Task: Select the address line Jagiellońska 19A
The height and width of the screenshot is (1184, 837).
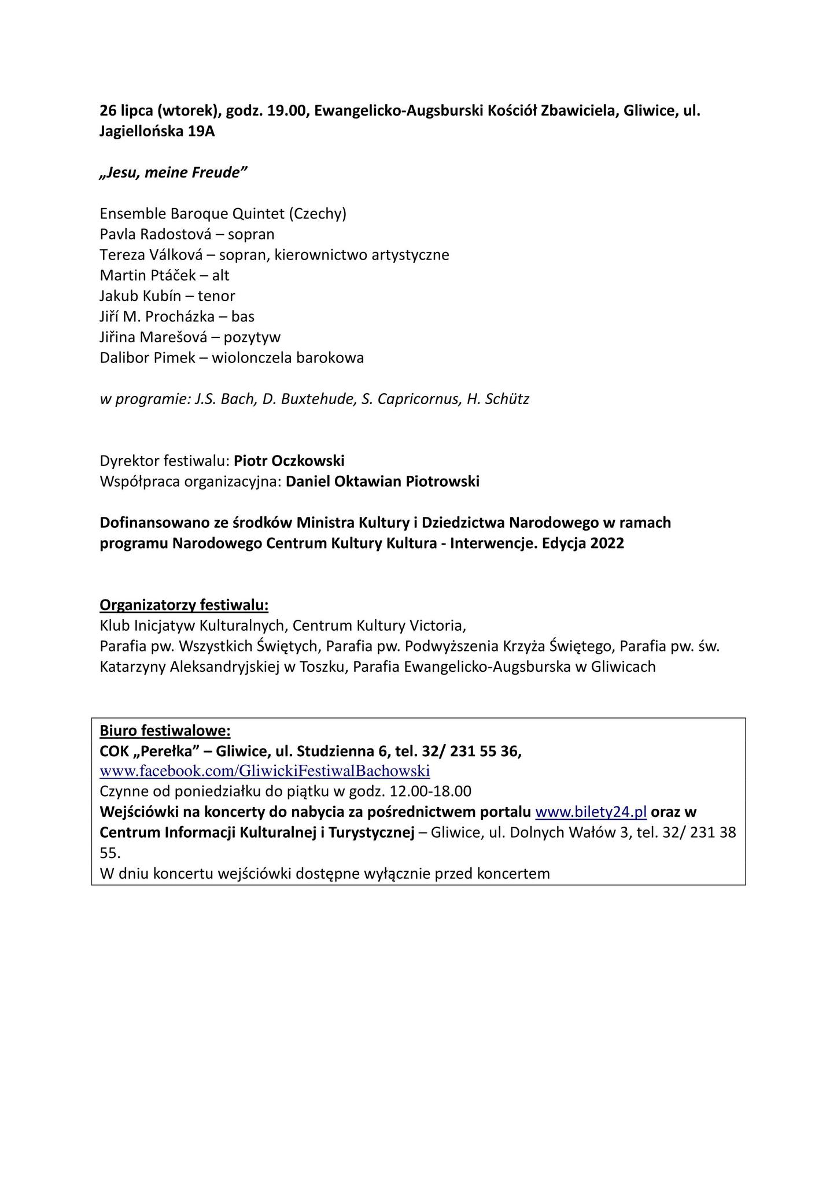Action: pos(157,132)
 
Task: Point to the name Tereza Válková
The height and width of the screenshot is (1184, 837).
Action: pos(153,255)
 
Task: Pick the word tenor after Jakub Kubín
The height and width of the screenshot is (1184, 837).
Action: pos(216,296)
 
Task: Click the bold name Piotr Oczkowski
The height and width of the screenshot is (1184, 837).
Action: pos(289,461)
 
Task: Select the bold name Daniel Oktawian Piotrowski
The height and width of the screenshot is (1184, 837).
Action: pos(382,482)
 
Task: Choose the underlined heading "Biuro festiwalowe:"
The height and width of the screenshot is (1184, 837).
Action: pos(165,731)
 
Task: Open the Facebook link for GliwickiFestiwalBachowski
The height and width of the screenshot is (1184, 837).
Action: pos(265,771)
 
